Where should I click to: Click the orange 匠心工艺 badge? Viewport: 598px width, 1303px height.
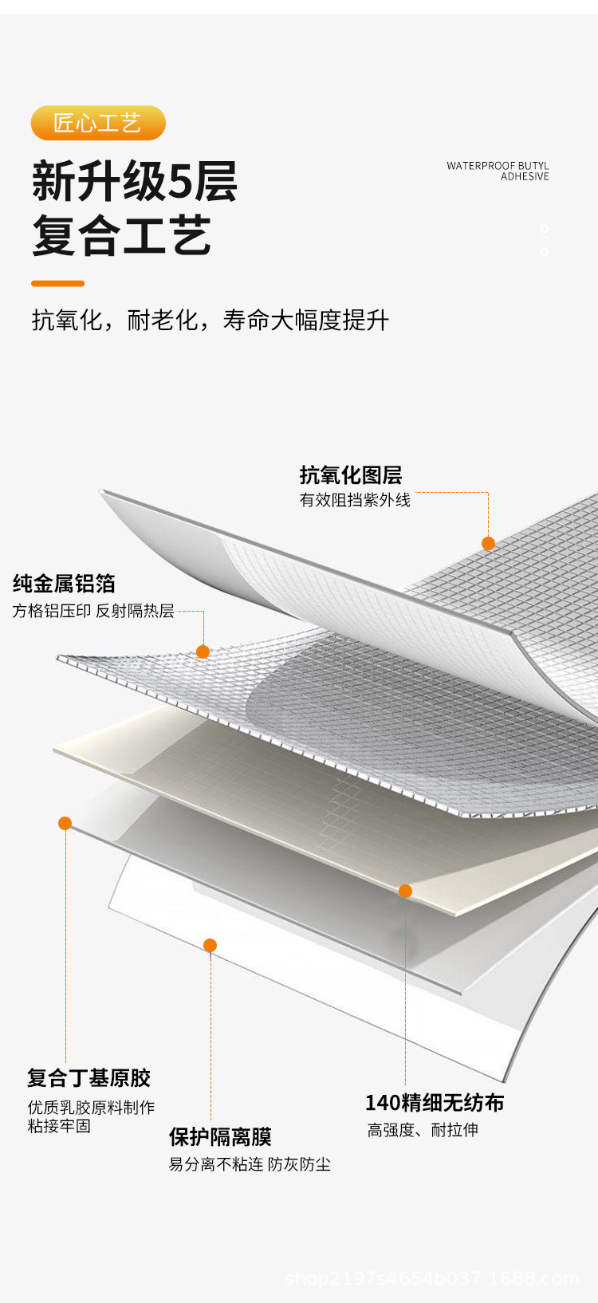pyautogui.click(x=98, y=123)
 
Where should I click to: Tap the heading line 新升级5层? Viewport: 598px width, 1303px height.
pyautogui.click(x=135, y=182)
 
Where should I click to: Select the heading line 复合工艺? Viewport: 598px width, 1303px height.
pyautogui.click(x=121, y=235)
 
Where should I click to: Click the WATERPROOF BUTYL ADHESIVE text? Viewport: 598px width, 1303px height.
pyautogui.click(x=498, y=171)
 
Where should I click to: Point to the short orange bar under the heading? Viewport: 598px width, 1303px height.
pyautogui.click(x=57, y=283)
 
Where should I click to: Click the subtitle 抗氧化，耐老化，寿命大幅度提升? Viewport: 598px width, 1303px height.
pyautogui.click(x=210, y=320)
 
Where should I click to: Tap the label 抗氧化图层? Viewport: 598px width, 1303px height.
pyautogui.click(x=351, y=474)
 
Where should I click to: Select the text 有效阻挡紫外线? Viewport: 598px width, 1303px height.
pyautogui.click(x=355, y=500)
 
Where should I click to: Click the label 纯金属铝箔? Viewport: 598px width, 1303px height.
pyautogui.click(x=64, y=583)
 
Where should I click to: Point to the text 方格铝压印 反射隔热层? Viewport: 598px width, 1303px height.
pyautogui.click(x=93, y=610)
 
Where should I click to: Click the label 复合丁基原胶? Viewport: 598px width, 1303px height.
pyautogui.click(x=89, y=1078)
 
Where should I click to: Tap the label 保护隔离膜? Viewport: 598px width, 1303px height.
pyautogui.click(x=221, y=1136)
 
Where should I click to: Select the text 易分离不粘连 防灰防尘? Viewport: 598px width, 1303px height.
pyautogui.click(x=250, y=1164)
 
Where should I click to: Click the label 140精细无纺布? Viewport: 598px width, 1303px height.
pyautogui.click(x=435, y=1102)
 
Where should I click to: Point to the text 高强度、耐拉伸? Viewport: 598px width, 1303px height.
pyautogui.click(x=423, y=1130)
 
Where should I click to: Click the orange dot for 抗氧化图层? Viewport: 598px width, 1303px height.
pyautogui.click(x=488, y=543)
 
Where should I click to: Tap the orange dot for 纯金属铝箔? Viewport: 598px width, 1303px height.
pyautogui.click(x=203, y=651)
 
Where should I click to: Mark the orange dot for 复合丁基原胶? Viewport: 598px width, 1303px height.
pyautogui.click(x=65, y=823)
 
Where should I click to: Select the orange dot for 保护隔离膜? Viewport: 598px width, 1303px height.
pyautogui.click(x=210, y=945)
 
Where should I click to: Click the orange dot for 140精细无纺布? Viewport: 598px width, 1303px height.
pyautogui.click(x=406, y=892)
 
